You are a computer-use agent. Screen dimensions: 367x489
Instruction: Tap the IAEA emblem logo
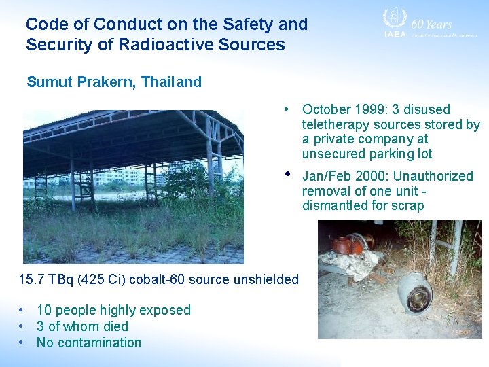[394, 19]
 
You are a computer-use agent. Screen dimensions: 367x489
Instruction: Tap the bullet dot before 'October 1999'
[289, 109]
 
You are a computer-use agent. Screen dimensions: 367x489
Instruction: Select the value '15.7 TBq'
[41, 279]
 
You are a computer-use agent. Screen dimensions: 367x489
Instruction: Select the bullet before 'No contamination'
[22, 343]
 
